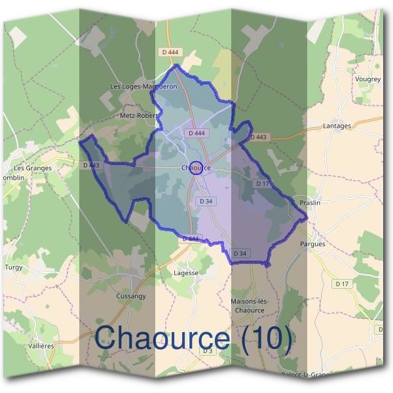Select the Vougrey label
pyautogui.click(x=367, y=79)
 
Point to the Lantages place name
pyautogui.click(x=337, y=126)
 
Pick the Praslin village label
pyautogui.click(x=310, y=203)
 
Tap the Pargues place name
pyautogui.click(x=312, y=244)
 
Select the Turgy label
pyautogui.click(x=13, y=267)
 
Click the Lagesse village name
pyautogui.click(x=186, y=272)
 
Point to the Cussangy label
pyautogui.click(x=131, y=296)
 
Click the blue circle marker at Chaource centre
pyautogui.click(x=196, y=167)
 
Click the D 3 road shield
pyautogui.click(x=208, y=351)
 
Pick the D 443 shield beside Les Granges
pyautogui.click(x=92, y=166)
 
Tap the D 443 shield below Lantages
pyautogui.click(x=259, y=137)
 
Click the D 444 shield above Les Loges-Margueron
pyautogui.click(x=169, y=52)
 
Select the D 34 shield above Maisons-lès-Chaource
pyautogui.click(x=240, y=253)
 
